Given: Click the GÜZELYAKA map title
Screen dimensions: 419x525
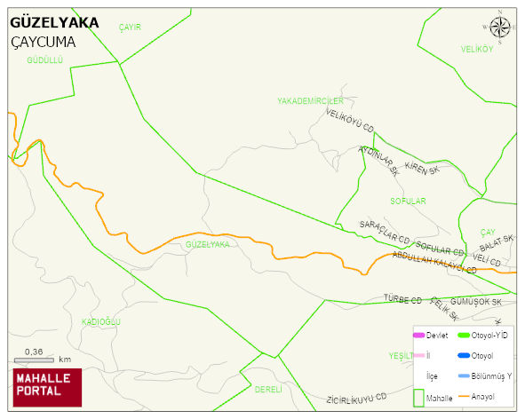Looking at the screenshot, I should [x=53, y=23].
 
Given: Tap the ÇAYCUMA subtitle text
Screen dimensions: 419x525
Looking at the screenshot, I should [x=44, y=42].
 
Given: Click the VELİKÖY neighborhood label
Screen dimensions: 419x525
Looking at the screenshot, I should [x=476, y=49].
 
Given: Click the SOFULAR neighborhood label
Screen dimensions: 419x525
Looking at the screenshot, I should [x=408, y=202].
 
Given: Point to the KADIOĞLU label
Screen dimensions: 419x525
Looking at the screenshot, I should [x=100, y=321].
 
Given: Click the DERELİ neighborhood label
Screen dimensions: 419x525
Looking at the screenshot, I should [x=267, y=389].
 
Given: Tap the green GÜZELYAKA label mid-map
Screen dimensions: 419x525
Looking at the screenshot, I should [x=208, y=244].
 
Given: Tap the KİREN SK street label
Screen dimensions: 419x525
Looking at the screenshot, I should [x=421, y=167].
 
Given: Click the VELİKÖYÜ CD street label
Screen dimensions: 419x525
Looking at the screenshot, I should [x=350, y=121].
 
